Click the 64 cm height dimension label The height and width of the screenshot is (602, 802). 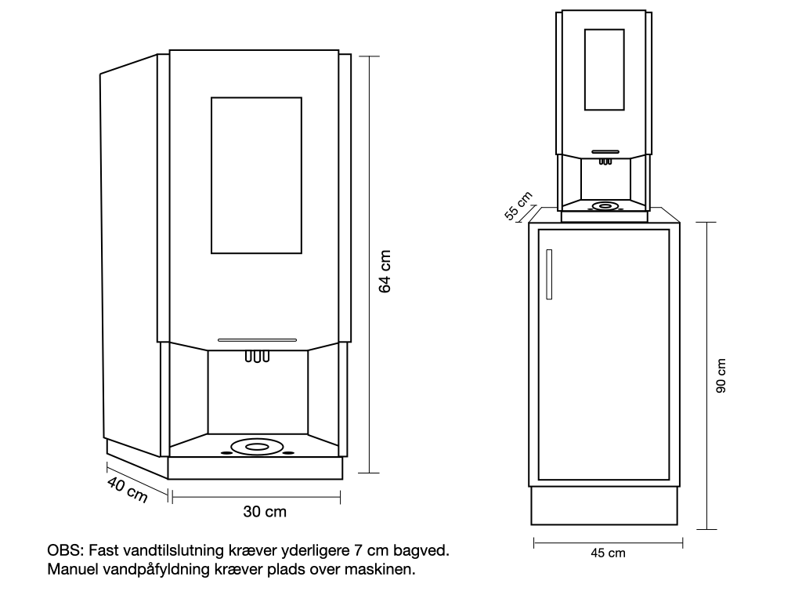pyautogui.click(x=385, y=272)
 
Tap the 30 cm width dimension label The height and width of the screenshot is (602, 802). pyautogui.click(x=265, y=512)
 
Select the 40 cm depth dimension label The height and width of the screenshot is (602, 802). pyautogui.click(x=127, y=491)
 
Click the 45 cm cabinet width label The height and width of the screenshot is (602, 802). pyautogui.click(x=608, y=553)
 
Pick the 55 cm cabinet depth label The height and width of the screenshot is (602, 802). pyautogui.click(x=518, y=206)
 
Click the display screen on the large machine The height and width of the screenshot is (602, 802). pyautogui.click(x=256, y=175)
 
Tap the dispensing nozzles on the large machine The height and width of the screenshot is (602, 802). pyautogui.click(x=257, y=357)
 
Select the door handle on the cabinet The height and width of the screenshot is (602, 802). pyautogui.click(x=551, y=274)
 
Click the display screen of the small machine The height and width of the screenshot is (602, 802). pyautogui.click(x=605, y=70)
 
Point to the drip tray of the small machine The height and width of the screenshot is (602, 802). pyautogui.click(x=604, y=207)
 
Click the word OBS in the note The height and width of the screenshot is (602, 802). pyautogui.click(x=62, y=551)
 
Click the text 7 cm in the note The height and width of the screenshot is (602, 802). pyautogui.click(x=370, y=551)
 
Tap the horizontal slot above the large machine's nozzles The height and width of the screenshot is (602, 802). pyautogui.click(x=257, y=340)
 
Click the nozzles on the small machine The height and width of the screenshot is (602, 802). pyautogui.click(x=605, y=162)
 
